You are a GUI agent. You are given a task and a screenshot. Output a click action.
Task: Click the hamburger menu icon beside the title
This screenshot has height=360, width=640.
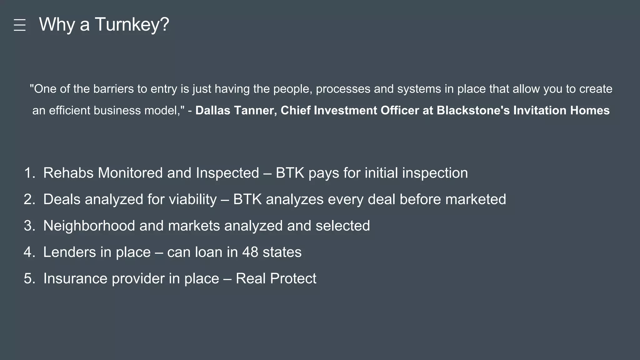click(x=20, y=25)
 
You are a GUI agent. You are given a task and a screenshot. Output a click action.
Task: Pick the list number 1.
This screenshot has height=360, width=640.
click(x=29, y=173)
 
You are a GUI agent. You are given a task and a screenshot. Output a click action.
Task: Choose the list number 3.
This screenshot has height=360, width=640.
click(x=29, y=226)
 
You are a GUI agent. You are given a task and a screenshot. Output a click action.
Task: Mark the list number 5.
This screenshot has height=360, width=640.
click(x=29, y=279)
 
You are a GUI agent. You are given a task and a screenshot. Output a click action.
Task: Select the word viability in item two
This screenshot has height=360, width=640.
click(x=192, y=199)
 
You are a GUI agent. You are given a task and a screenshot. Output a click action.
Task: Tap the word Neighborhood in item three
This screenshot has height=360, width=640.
click(x=89, y=226)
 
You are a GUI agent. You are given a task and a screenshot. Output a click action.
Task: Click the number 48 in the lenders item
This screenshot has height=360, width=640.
click(x=250, y=252)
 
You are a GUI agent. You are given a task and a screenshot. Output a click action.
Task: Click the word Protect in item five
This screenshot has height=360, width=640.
click(x=293, y=279)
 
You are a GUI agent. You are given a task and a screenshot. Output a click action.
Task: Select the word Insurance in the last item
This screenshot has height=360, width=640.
click(x=75, y=279)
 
